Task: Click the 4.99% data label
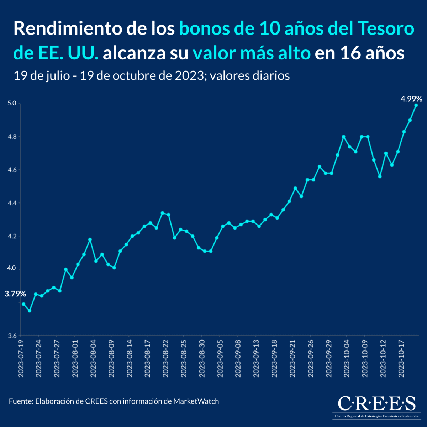coord(411,99)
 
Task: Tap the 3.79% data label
coord(15,294)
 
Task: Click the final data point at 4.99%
coord(416,105)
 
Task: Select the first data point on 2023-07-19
coord(23,304)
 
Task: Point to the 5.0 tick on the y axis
coord(12,104)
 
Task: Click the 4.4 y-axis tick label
coord(12,203)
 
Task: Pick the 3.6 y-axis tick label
coord(12,336)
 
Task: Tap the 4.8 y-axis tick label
coord(12,137)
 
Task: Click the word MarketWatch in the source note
coord(196,401)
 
